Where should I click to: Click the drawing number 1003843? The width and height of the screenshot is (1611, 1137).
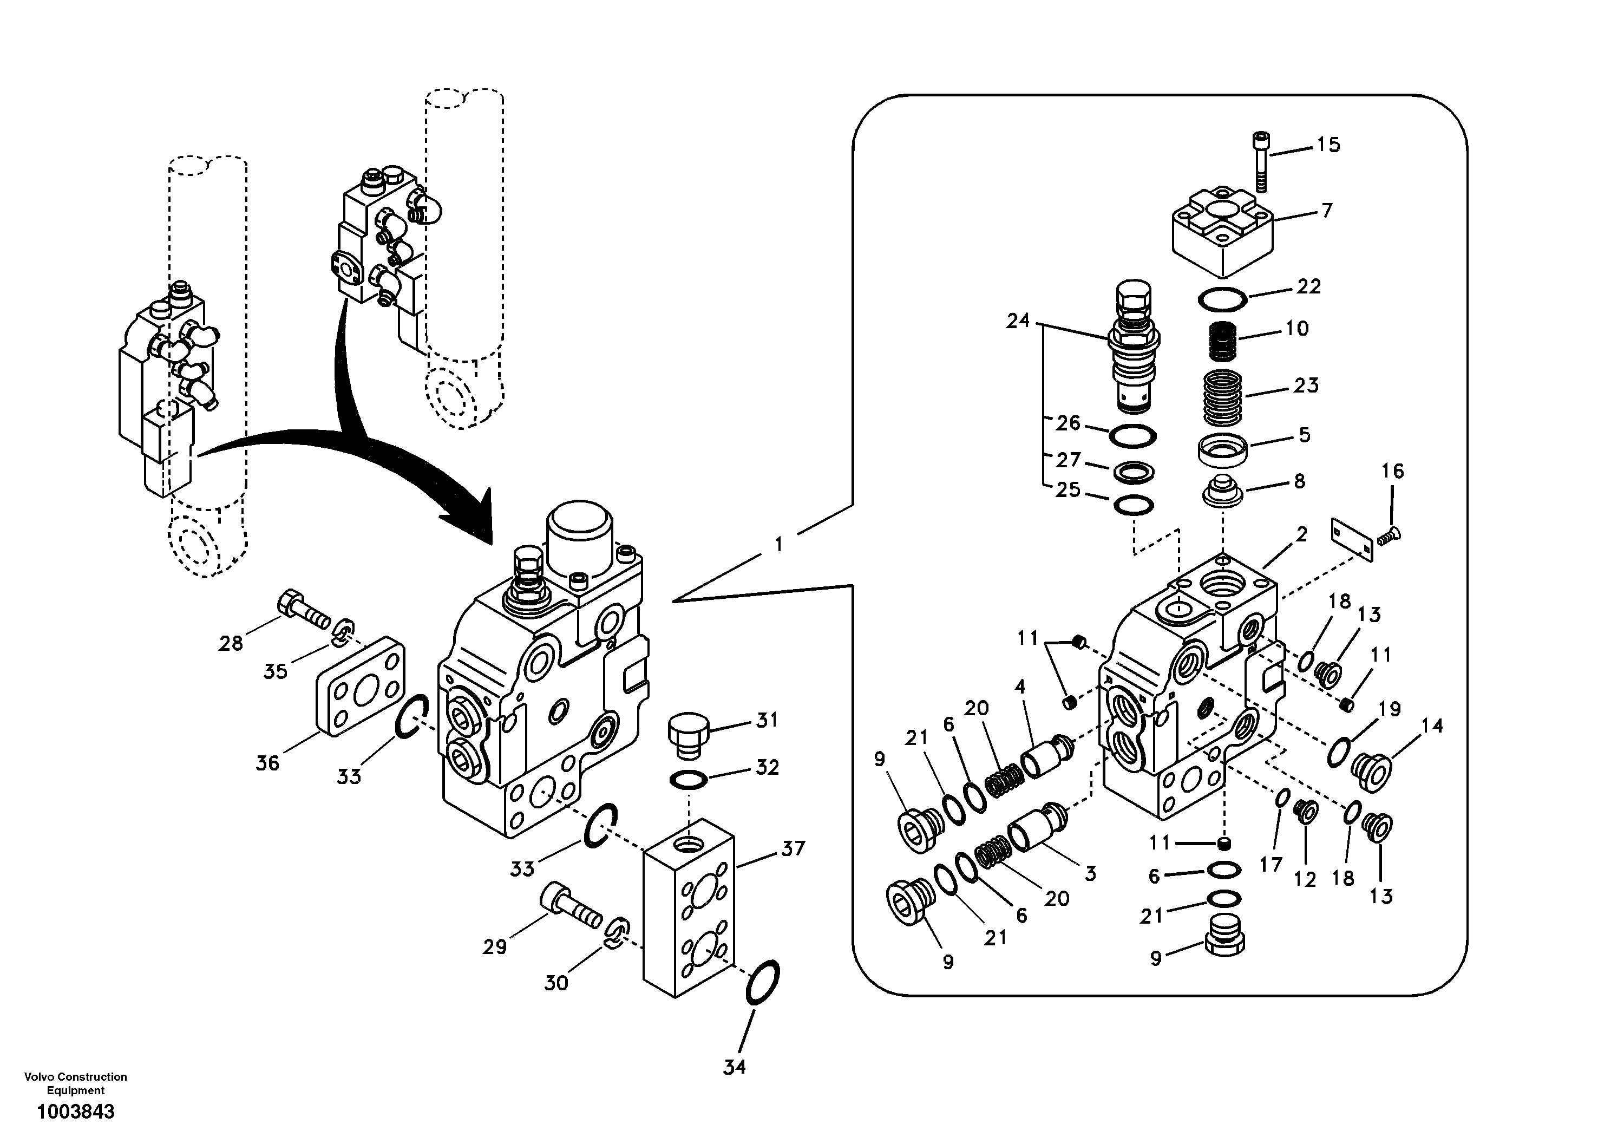pyautogui.click(x=76, y=1112)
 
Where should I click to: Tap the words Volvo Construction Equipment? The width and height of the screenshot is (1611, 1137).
pyautogui.click(x=76, y=1083)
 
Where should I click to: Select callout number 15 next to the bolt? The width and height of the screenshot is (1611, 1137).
pyautogui.click(x=1327, y=145)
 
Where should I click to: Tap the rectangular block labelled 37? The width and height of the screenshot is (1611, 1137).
pyautogui.click(x=689, y=916)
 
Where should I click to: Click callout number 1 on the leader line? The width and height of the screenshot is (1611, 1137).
pyautogui.click(x=777, y=544)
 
